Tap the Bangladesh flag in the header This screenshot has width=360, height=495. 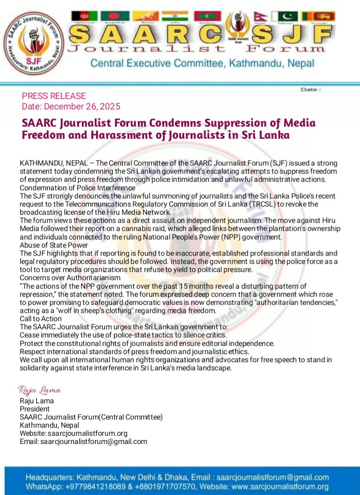[115, 16]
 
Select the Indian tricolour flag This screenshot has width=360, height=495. [175, 16]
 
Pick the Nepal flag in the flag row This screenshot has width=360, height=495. [258, 16]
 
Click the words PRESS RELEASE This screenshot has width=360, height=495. [54, 96]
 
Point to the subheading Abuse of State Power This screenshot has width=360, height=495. [54, 245]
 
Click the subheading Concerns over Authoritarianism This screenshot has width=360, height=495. [70, 278]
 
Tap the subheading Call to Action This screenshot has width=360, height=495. [41, 319]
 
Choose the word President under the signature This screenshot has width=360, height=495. [35, 409]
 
